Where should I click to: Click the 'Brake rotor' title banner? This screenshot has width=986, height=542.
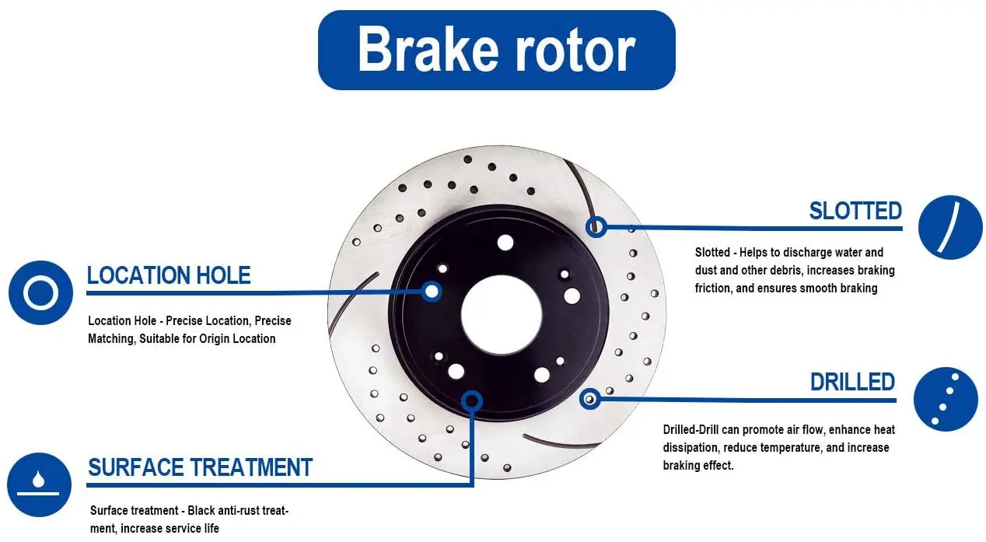496,50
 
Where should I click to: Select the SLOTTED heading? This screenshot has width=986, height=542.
855,211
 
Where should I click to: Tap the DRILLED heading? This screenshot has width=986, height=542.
852,382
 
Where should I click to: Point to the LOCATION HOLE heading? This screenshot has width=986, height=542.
169,275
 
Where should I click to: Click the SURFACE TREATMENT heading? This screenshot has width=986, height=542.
200,467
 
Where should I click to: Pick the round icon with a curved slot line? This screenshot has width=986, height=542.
949,227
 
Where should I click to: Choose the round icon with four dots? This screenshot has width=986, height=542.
945,399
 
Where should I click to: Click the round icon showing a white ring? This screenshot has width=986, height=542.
40,293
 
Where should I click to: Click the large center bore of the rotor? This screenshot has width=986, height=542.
501,314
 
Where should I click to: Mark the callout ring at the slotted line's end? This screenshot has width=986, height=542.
596,226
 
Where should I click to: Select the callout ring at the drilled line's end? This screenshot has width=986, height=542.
590,399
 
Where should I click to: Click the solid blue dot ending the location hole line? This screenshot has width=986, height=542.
432,292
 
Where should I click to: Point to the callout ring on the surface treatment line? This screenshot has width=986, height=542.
471,401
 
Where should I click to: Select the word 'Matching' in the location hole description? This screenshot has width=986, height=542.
111,338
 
